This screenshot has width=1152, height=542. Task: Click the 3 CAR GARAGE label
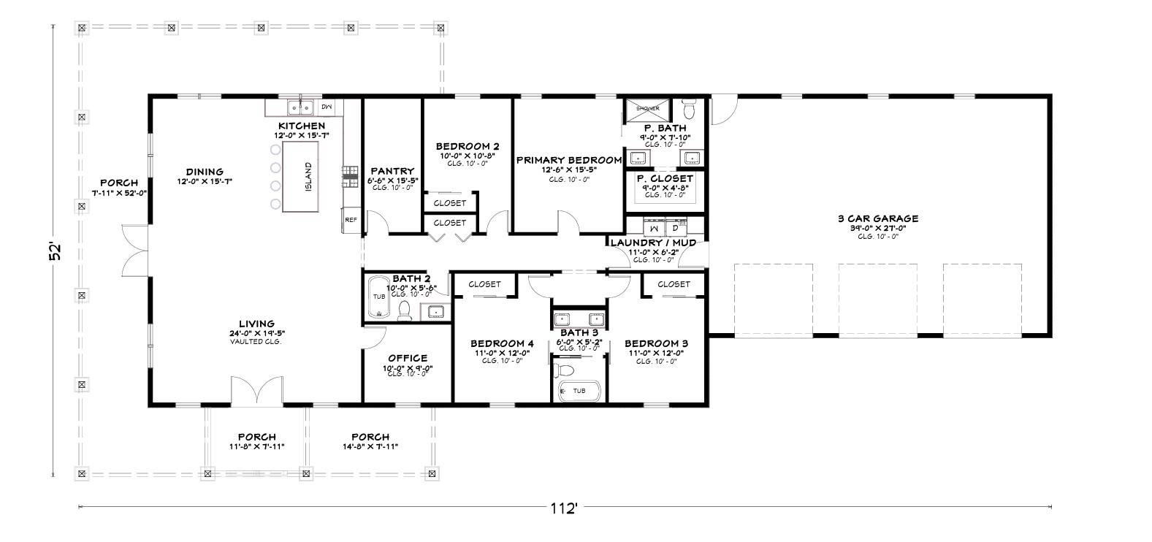[877, 218]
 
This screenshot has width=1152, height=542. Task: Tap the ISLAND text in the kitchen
[308, 176]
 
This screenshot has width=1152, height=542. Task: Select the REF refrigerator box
[351, 219]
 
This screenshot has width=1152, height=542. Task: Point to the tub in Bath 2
[379, 297]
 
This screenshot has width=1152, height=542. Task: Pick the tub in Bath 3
[579, 391]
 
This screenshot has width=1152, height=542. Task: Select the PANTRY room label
[392, 171]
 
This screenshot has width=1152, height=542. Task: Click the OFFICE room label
[408, 358]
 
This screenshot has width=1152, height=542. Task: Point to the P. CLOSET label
[665, 178]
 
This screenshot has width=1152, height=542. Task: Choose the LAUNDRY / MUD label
[653, 243]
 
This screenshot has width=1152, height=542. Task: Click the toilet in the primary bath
[687, 110]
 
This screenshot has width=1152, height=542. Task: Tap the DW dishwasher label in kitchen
[327, 107]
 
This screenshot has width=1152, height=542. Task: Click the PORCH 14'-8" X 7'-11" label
[370, 437]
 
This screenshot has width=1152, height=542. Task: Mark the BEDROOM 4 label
[502, 343]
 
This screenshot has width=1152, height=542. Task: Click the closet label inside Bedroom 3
[674, 284]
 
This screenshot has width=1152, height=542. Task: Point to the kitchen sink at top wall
[300, 107]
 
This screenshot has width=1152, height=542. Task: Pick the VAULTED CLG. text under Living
[256, 341]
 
